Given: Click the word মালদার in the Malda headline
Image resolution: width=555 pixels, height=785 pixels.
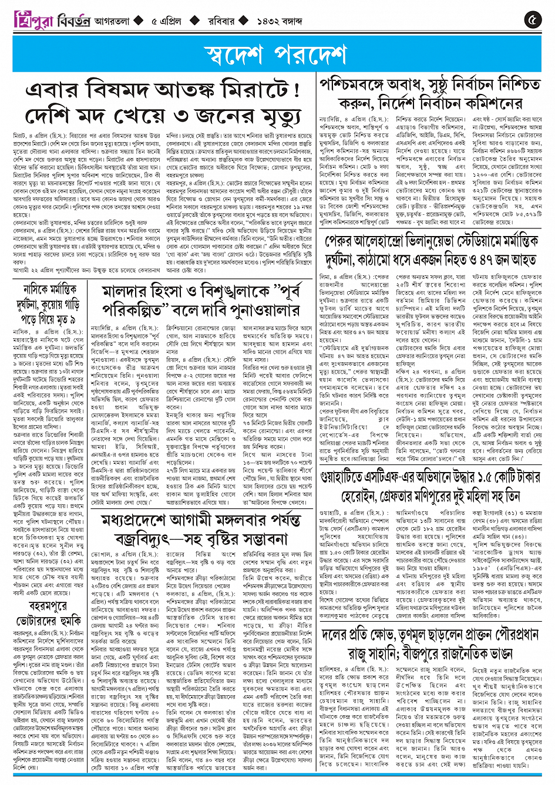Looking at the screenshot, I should [126, 291].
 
